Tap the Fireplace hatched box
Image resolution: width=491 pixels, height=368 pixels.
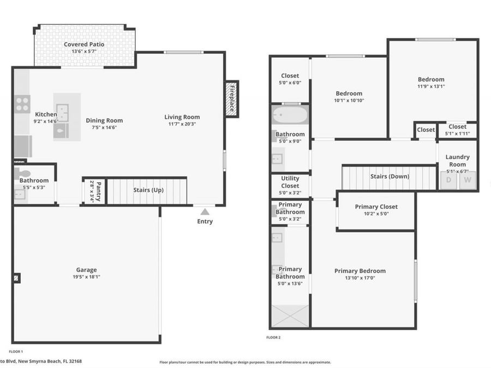click(232, 99)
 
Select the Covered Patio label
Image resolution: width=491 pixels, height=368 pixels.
click(84, 44)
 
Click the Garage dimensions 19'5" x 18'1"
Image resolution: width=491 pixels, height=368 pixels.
click(86, 277)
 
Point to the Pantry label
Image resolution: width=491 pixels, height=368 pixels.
click(99, 190)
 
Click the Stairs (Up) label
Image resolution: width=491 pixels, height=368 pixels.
click(148, 190)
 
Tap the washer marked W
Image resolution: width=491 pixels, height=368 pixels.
click(468, 180)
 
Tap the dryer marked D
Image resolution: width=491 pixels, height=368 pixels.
click(448, 180)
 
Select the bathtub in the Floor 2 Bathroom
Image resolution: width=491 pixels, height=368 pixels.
click(290, 116)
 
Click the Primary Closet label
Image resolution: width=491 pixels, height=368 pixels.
click(376, 207)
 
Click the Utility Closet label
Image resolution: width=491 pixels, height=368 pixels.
click(290, 182)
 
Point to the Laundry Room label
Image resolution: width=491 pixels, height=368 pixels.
click(457, 160)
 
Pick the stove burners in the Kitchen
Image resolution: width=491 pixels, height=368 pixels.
click(22, 104)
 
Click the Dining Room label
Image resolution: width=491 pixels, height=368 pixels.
click(104, 120)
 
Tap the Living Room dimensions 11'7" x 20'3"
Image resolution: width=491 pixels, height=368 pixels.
click(182, 124)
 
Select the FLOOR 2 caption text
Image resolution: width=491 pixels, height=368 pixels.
click(273, 338)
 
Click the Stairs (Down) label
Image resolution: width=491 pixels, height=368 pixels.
click(390, 176)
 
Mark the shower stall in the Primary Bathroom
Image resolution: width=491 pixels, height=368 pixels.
click(290, 316)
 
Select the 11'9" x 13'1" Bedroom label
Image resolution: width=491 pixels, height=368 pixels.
click(431, 79)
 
